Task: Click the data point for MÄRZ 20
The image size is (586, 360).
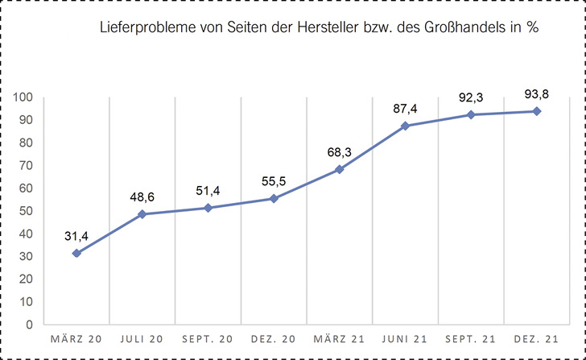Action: [x=76, y=253]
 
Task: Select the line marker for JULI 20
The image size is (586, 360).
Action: [x=142, y=214]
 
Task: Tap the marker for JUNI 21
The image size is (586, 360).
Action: [x=405, y=126]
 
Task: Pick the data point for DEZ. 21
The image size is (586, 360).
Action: [x=536, y=111]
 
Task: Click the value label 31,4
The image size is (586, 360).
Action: [x=76, y=235]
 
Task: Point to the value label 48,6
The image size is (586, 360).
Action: [x=142, y=197]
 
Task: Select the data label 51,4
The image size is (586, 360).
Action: [x=208, y=190]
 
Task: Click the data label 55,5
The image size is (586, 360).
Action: [x=274, y=181]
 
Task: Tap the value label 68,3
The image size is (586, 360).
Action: [x=339, y=152]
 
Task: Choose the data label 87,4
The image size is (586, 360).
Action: [x=405, y=109]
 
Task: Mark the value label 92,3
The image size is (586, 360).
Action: [x=471, y=97]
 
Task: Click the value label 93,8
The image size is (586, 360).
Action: [x=536, y=94]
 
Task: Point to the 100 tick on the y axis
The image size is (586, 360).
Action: [x=22, y=97]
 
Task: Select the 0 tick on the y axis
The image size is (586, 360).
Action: [x=28, y=325]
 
